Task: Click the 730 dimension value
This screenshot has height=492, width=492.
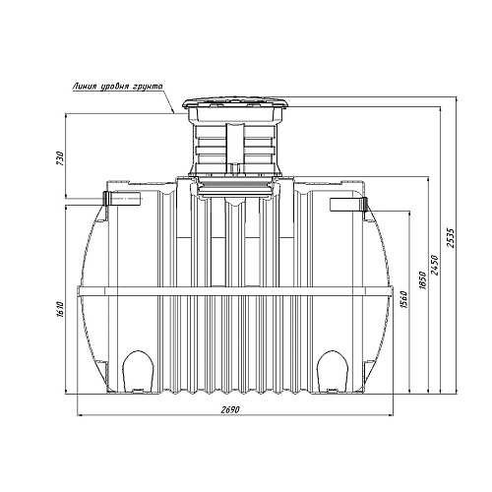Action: click(x=59, y=158)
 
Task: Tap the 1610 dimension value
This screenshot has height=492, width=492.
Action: click(x=59, y=310)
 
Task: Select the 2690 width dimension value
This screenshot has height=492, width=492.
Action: click(x=230, y=409)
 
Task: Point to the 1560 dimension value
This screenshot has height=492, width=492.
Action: click(x=404, y=299)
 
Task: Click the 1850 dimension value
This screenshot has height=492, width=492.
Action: click(x=423, y=279)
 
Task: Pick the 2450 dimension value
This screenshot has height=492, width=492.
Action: click(x=435, y=265)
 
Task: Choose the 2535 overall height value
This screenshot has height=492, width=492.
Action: click(x=451, y=238)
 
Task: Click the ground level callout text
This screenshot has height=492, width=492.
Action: click(x=118, y=87)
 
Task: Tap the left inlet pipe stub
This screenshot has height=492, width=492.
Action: click(x=122, y=198)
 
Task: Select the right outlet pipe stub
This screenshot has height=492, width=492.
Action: click(x=348, y=205)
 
